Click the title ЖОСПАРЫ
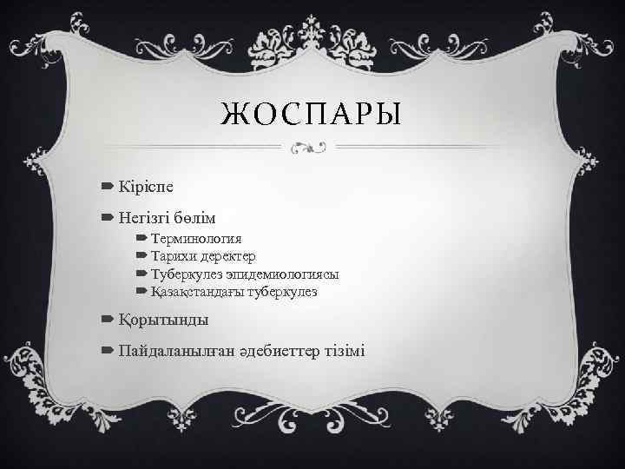312,115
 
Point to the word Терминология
196,239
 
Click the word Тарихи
172,256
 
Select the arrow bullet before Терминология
141,239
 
